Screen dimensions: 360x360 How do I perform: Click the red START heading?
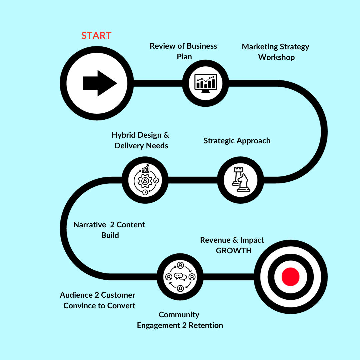coord(96,35)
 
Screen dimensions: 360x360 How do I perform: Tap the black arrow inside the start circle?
coord(99,83)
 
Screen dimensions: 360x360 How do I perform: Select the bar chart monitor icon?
coord(205,83)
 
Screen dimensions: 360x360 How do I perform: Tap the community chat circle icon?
coord(180,277)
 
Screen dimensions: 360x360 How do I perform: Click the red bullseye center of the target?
coord(290,277)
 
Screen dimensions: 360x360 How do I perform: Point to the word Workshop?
coord(276,57)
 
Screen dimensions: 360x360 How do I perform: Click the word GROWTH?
coord(234,251)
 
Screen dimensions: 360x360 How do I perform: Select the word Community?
coord(179,315)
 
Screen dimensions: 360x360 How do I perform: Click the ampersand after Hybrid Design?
coord(166,135)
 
